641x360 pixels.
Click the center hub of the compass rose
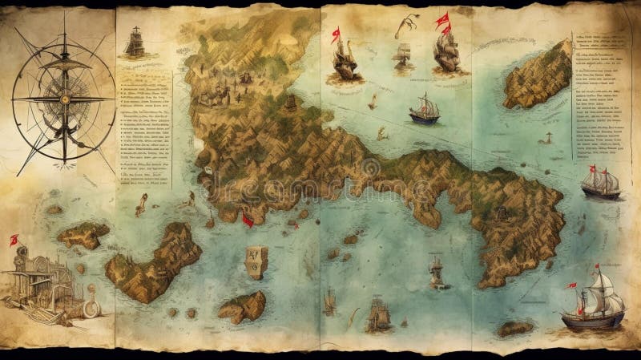[x=62, y=98]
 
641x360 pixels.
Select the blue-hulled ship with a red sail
[x=425, y=109]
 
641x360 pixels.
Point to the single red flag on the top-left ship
[x=336, y=34]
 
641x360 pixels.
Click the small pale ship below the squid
[x=403, y=55]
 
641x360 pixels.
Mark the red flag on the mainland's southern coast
[x=248, y=217]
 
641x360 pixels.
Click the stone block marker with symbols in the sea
[x=256, y=261]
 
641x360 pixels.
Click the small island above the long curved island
[x=83, y=234]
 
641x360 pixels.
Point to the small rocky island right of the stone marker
[x=243, y=305]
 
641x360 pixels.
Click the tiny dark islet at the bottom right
[x=514, y=328]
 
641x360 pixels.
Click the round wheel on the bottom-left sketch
[x=91, y=308]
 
